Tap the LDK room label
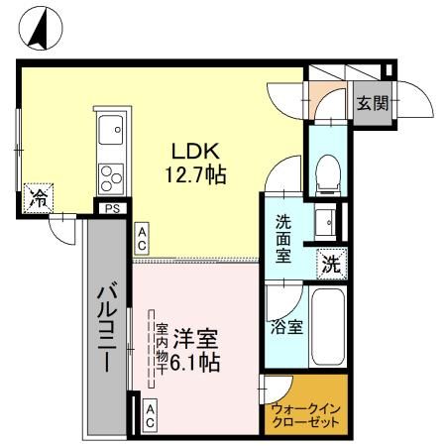(x=196, y=153)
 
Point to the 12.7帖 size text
(x=196, y=175)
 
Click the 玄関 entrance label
(x=373, y=104)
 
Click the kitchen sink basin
(x=109, y=128)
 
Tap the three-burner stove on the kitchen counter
(x=109, y=176)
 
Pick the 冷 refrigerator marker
(x=38, y=197)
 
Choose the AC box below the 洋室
(x=150, y=414)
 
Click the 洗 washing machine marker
(x=332, y=264)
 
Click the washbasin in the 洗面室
(x=324, y=220)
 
